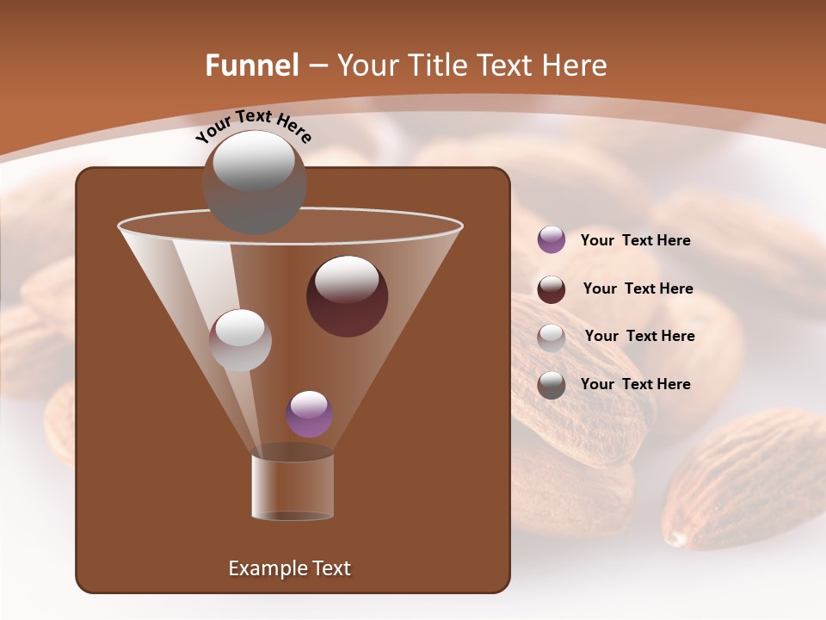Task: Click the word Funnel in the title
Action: (252, 65)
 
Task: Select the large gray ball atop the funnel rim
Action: (254, 181)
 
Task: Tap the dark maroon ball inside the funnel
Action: (347, 295)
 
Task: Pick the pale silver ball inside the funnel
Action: (240, 339)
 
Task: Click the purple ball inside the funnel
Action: (309, 414)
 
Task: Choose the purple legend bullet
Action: (552, 240)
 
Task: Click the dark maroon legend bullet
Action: (552, 289)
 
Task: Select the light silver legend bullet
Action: (552, 338)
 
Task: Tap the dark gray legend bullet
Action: (552, 385)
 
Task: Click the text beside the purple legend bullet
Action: (635, 241)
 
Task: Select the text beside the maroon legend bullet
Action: (638, 289)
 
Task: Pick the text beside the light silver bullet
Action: (639, 337)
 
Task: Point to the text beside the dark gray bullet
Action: (635, 384)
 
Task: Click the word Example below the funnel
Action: (268, 568)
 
